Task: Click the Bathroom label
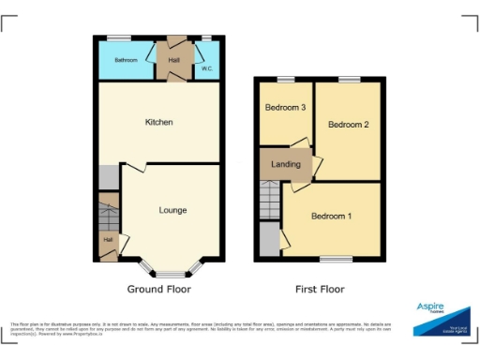(126, 60)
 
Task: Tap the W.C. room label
(206, 69)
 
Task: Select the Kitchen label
(158, 122)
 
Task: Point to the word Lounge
(172, 210)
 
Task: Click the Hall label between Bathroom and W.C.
(174, 60)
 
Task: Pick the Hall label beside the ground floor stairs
(108, 240)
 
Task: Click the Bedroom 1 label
(331, 217)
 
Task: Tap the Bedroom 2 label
(347, 125)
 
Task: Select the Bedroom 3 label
(286, 108)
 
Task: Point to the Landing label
(285, 165)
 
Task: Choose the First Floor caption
(320, 290)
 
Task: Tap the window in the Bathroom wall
(118, 37)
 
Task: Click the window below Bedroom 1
(336, 258)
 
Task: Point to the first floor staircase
(270, 199)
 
